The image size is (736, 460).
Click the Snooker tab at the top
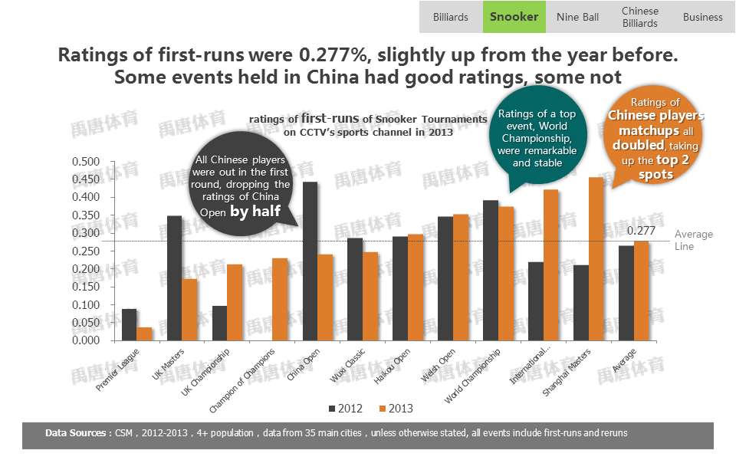(514, 17)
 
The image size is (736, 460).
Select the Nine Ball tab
(577, 17)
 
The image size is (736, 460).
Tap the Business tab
(702, 17)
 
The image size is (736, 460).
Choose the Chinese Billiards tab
(639, 17)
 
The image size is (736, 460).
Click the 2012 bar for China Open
(310, 261)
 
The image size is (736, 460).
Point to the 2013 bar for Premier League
(144, 333)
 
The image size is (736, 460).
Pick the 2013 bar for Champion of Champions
(280, 299)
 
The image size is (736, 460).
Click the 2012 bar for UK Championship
(219, 323)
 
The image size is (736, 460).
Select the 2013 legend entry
(396, 408)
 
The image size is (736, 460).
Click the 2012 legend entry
(345, 408)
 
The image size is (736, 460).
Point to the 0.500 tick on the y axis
(86, 162)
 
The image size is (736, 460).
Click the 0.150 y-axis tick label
(86, 287)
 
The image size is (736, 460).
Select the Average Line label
(693, 240)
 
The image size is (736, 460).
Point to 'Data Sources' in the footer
(76, 433)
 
